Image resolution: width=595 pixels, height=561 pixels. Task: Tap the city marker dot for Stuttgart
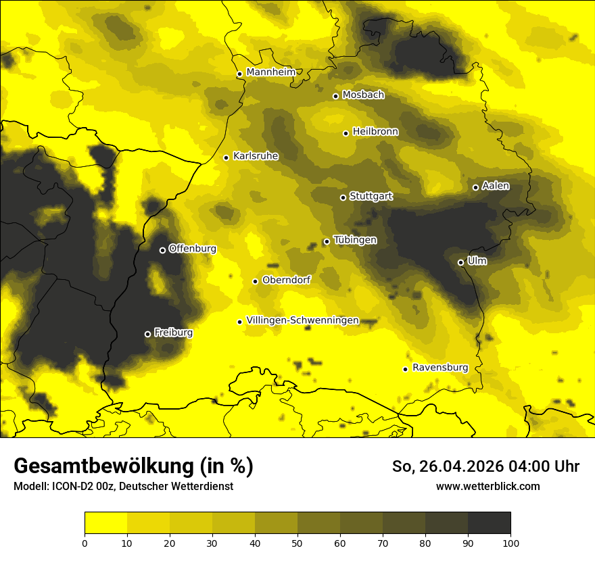(343, 197)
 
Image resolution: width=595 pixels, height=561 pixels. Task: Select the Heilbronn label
(375, 132)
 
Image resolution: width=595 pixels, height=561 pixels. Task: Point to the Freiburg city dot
(147, 334)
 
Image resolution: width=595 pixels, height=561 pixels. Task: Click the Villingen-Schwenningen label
(302, 320)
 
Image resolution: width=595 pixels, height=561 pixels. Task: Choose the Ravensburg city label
(439, 368)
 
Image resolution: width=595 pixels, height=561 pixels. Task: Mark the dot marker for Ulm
(460, 262)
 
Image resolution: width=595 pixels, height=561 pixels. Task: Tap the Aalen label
(496, 186)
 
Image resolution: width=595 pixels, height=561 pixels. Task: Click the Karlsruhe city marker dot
(226, 157)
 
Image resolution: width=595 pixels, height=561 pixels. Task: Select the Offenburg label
(192, 249)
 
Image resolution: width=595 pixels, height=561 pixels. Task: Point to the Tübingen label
(355, 240)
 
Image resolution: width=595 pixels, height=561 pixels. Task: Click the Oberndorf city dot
(255, 281)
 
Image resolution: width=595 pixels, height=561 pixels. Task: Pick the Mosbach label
(362, 95)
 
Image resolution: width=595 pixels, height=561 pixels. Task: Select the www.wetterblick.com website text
(487, 486)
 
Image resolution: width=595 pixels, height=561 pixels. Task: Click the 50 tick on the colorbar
(297, 542)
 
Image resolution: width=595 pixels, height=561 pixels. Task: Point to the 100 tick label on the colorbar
(510, 542)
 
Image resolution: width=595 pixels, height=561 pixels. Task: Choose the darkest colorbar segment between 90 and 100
(489, 523)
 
